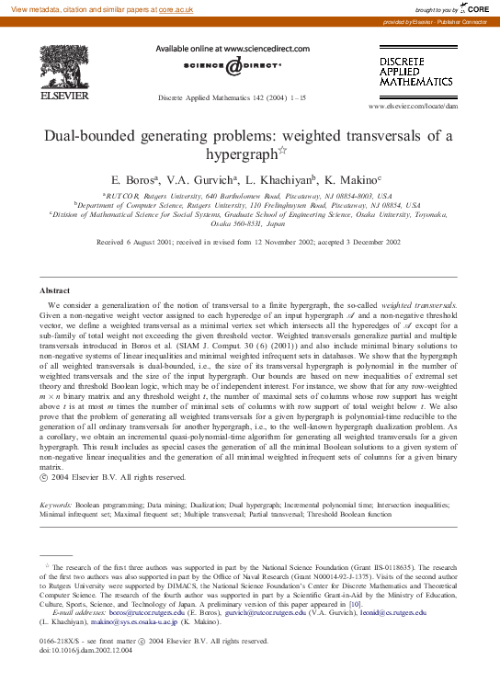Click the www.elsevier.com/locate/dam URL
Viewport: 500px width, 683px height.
pyautogui.click(x=413, y=107)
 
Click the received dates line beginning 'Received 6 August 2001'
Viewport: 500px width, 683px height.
pyautogui.click(x=249, y=242)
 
